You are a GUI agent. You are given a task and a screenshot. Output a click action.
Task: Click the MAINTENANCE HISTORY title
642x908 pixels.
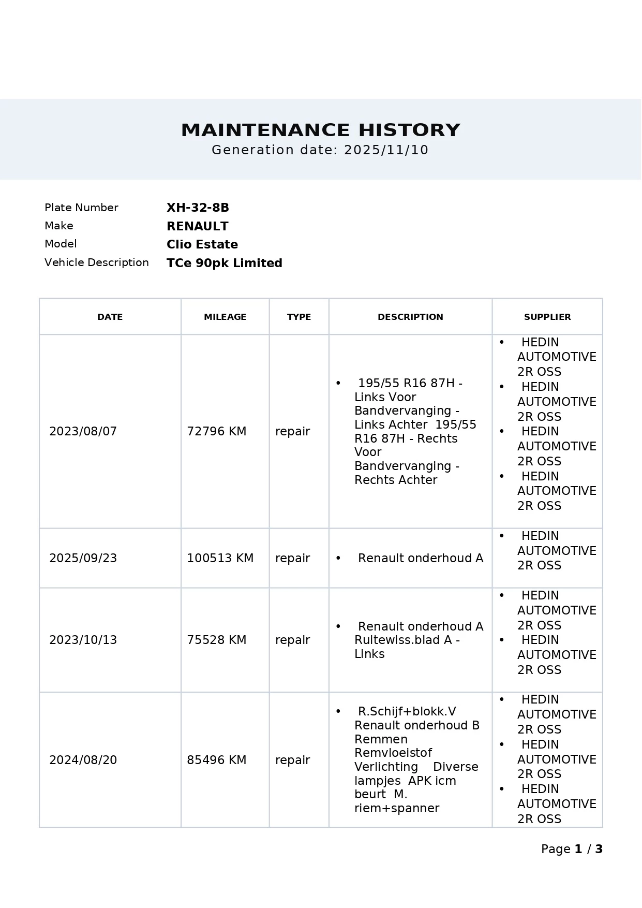pyautogui.click(x=320, y=130)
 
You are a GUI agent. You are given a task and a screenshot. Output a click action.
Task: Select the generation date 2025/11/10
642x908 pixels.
pyautogui.click(x=386, y=150)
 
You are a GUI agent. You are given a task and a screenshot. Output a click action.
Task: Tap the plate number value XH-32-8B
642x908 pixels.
pyautogui.click(x=198, y=208)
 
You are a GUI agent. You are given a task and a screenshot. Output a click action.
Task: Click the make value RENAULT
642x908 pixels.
pyautogui.click(x=197, y=226)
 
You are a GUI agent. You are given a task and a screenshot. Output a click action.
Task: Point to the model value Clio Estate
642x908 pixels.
pyautogui.click(x=202, y=244)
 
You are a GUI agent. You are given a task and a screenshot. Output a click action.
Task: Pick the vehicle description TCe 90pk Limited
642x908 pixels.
pyautogui.click(x=224, y=263)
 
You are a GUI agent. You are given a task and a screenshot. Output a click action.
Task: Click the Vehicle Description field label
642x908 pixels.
pyautogui.click(x=96, y=262)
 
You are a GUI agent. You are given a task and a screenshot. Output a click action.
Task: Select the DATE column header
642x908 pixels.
pyautogui.click(x=110, y=317)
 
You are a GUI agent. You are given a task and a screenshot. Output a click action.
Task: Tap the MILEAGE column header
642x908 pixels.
pyautogui.click(x=225, y=317)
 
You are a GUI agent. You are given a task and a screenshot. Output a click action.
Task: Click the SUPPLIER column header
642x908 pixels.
pyautogui.click(x=547, y=317)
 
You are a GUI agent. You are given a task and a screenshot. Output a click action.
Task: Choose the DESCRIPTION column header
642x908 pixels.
pyautogui.click(x=410, y=317)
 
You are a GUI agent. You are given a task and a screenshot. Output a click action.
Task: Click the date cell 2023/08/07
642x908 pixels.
pyautogui.click(x=83, y=431)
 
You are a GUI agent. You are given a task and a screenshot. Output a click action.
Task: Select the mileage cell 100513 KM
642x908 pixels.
pyautogui.click(x=220, y=558)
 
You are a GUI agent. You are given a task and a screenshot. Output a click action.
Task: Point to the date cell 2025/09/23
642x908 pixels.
pyautogui.click(x=83, y=558)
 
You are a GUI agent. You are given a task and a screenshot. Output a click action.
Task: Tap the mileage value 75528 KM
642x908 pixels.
pyautogui.click(x=216, y=640)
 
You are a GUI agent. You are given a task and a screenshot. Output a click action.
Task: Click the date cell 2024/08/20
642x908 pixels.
pyautogui.click(x=83, y=760)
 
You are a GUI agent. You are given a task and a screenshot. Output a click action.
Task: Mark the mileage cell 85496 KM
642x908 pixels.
pyautogui.click(x=216, y=760)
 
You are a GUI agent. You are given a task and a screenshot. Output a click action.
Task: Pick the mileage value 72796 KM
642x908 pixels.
pyautogui.click(x=216, y=431)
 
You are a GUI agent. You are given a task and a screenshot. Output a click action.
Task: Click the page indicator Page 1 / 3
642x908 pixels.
pyautogui.click(x=572, y=849)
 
